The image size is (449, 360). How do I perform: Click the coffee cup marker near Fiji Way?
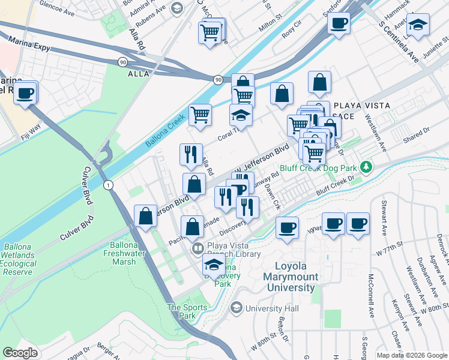[25, 94]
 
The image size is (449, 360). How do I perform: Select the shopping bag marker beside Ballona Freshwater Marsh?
[145, 217]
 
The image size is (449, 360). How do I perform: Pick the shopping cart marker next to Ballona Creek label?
[200, 114]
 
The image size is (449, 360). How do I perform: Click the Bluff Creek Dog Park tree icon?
[363, 166]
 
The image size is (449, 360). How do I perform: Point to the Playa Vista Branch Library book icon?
[197, 248]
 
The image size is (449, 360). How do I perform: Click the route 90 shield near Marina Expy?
[122, 61]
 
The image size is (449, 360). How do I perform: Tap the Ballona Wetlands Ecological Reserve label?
[23, 258]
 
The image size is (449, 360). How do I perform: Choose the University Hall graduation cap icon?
[237, 308]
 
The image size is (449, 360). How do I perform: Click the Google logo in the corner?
[20, 353]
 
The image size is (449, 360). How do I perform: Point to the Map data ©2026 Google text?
[411, 355]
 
